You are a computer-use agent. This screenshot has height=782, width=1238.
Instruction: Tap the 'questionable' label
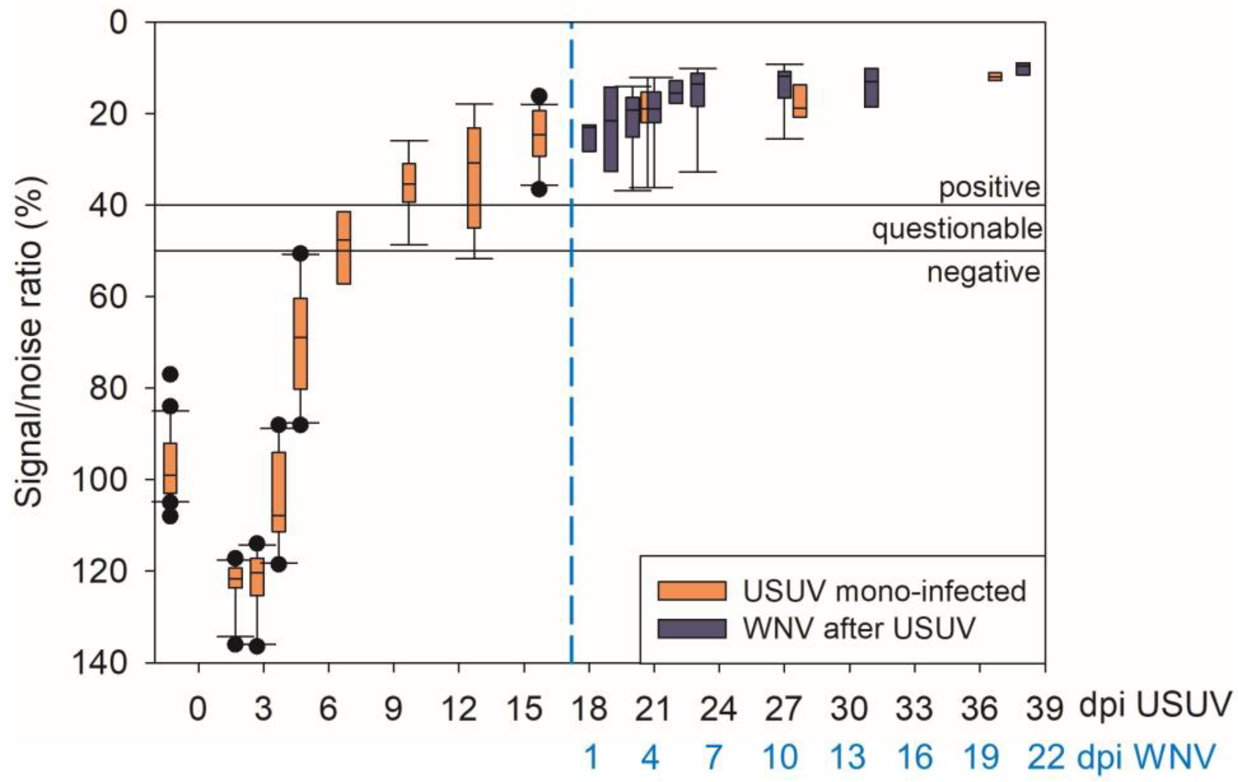point(957,229)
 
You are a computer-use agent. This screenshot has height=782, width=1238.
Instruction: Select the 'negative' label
point(983,272)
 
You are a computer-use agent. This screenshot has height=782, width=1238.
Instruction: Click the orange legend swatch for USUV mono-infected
point(691,591)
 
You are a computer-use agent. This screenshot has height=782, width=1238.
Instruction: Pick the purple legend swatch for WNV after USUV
point(691,628)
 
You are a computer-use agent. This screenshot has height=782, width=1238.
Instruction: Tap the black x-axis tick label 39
point(1044,709)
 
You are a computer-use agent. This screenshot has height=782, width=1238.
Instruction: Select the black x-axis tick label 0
point(198,709)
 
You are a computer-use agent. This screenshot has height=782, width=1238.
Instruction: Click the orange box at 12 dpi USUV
point(474,177)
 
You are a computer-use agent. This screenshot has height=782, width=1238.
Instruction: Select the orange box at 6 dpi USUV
point(343,247)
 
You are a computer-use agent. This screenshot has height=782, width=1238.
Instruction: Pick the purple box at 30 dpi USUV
point(871,87)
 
